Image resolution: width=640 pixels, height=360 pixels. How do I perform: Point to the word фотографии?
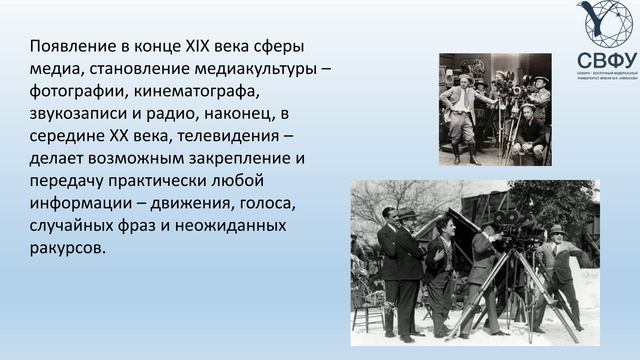click(76, 91)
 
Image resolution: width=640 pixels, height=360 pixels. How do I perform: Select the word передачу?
click(69, 180)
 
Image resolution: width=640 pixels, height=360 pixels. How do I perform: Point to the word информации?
click(80, 202)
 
